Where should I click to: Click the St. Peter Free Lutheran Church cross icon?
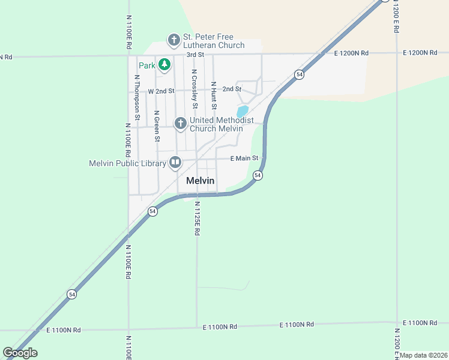point(173,40)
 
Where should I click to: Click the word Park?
point(147,65)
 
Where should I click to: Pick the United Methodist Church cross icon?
point(179,124)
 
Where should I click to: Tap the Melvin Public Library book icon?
point(175,163)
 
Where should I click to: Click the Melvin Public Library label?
point(127,163)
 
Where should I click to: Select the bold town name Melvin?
point(200,181)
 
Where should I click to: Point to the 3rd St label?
point(196,55)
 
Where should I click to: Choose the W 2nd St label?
point(161,91)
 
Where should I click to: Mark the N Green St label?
point(157,126)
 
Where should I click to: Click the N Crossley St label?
point(194,89)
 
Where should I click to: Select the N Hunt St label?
point(213,94)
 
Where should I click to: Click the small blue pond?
point(243,112)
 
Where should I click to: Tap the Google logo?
point(20,353)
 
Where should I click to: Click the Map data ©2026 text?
point(424,355)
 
